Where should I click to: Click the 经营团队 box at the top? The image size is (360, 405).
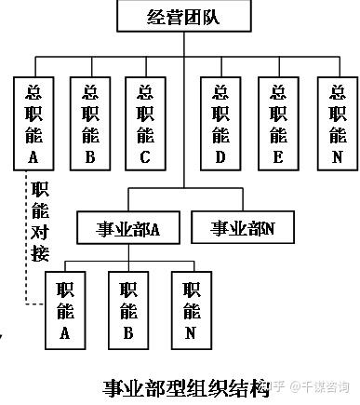coord(184,16)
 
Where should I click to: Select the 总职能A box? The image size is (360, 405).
coord(33,124)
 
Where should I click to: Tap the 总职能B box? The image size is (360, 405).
coord(90,124)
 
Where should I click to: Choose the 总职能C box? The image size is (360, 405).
coord(145,124)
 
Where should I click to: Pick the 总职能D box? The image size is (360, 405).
coord(220,124)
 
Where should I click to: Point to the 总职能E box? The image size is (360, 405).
coord(278,124)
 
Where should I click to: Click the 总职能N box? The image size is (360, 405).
coord(338,124)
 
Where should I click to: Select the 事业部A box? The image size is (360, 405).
coord(128,228)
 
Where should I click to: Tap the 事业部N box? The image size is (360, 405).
coord(243,227)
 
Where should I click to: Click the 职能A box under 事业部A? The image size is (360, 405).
coord(65,310)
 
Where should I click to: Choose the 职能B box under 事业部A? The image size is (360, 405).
coord(128,310)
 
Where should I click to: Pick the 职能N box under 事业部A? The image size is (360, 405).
coord(192,310)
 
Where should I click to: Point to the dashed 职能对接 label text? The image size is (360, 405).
coord(40,222)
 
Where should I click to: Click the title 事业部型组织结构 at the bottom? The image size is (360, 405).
coord(186,388)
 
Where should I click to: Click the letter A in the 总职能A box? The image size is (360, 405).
coord(33,156)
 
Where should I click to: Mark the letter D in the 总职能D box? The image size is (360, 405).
coord(220,157)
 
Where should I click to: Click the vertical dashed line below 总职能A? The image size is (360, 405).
coord(26,237)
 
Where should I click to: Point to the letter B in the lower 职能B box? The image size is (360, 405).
coord(128,332)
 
